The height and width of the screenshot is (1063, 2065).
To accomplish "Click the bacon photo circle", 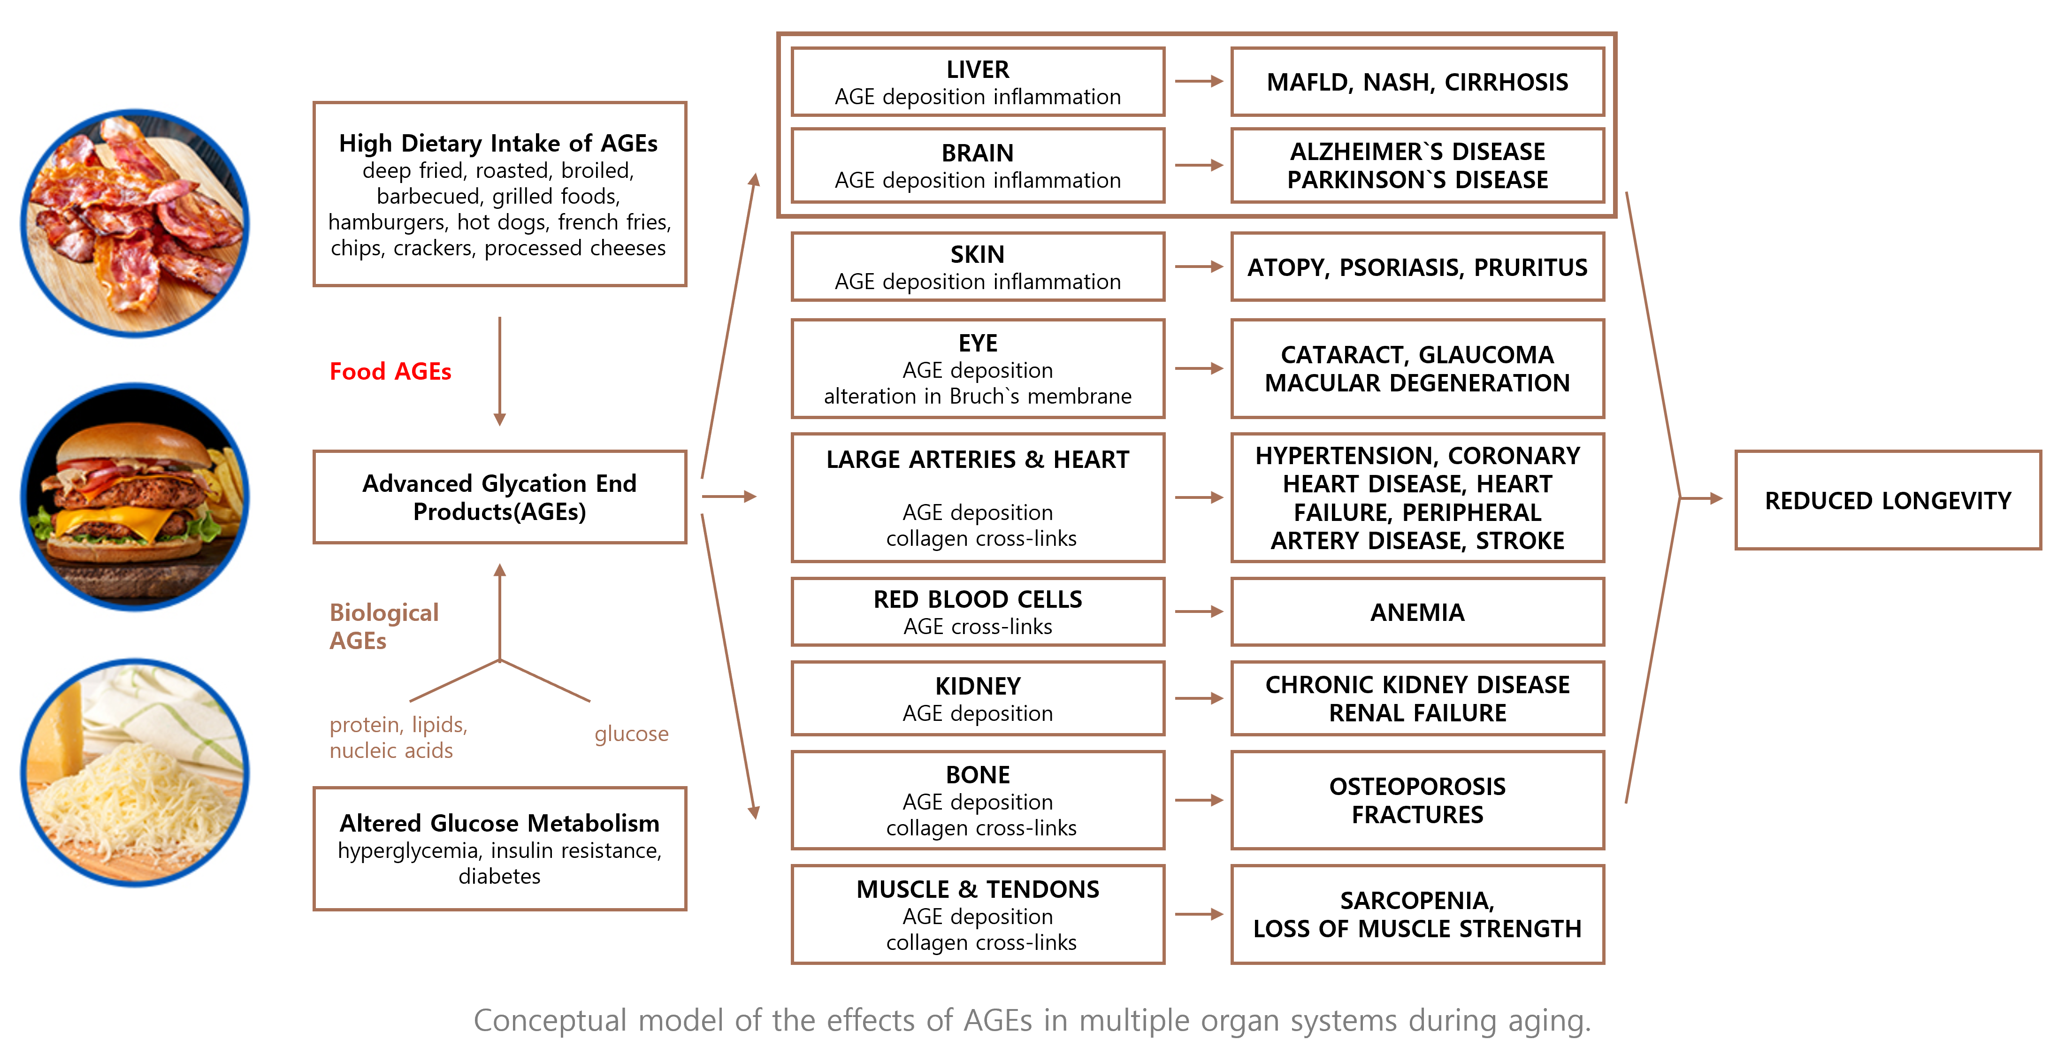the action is click(x=135, y=224).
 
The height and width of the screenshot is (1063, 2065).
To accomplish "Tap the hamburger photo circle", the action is click(x=135, y=497).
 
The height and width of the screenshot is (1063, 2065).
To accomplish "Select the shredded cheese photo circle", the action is click(x=135, y=773).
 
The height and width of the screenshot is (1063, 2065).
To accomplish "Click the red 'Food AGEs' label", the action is click(x=390, y=371).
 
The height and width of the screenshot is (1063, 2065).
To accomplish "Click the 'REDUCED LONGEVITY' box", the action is click(x=1888, y=500).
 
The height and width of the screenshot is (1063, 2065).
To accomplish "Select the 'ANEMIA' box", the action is click(x=1417, y=612).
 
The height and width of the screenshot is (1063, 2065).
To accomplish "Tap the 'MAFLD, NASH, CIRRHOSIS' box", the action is click(x=1417, y=82).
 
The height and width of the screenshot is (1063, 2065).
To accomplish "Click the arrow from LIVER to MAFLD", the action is click(x=1199, y=81).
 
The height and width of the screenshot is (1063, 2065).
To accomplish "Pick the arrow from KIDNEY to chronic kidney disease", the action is click(x=1199, y=698).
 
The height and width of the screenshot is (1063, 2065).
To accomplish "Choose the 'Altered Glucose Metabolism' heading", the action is click(x=499, y=823).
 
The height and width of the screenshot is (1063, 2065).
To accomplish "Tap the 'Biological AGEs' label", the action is click(x=384, y=626).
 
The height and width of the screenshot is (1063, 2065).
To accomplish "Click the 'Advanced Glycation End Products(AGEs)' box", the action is click(x=499, y=497).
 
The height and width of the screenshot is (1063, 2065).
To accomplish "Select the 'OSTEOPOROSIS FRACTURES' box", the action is click(x=1417, y=800).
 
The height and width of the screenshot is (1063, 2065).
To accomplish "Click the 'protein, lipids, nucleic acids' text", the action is click(x=398, y=737).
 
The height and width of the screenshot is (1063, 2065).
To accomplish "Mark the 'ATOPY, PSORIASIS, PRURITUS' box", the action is click(x=1417, y=267).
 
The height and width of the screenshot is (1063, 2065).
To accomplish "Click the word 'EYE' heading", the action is click(x=978, y=343).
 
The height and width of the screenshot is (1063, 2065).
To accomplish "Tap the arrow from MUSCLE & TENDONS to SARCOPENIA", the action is click(x=1199, y=914).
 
